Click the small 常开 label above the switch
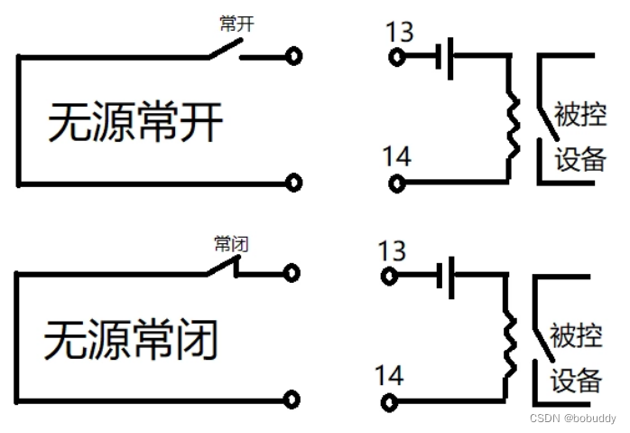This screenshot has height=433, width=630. point(236,24)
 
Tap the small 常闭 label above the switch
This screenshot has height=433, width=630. point(231,243)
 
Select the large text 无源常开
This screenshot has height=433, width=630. point(134,122)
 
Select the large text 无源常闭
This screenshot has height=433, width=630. point(132,341)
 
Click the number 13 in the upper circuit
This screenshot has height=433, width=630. point(398,33)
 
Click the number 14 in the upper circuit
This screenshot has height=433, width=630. point(396,156)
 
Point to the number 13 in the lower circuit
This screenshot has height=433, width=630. point(392,250)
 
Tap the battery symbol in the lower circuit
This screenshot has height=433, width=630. point(443,277)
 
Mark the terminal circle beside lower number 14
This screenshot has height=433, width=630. point(390,401)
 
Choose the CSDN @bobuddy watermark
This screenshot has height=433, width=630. point(573,419)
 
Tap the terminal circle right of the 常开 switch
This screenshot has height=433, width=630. point(293,57)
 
